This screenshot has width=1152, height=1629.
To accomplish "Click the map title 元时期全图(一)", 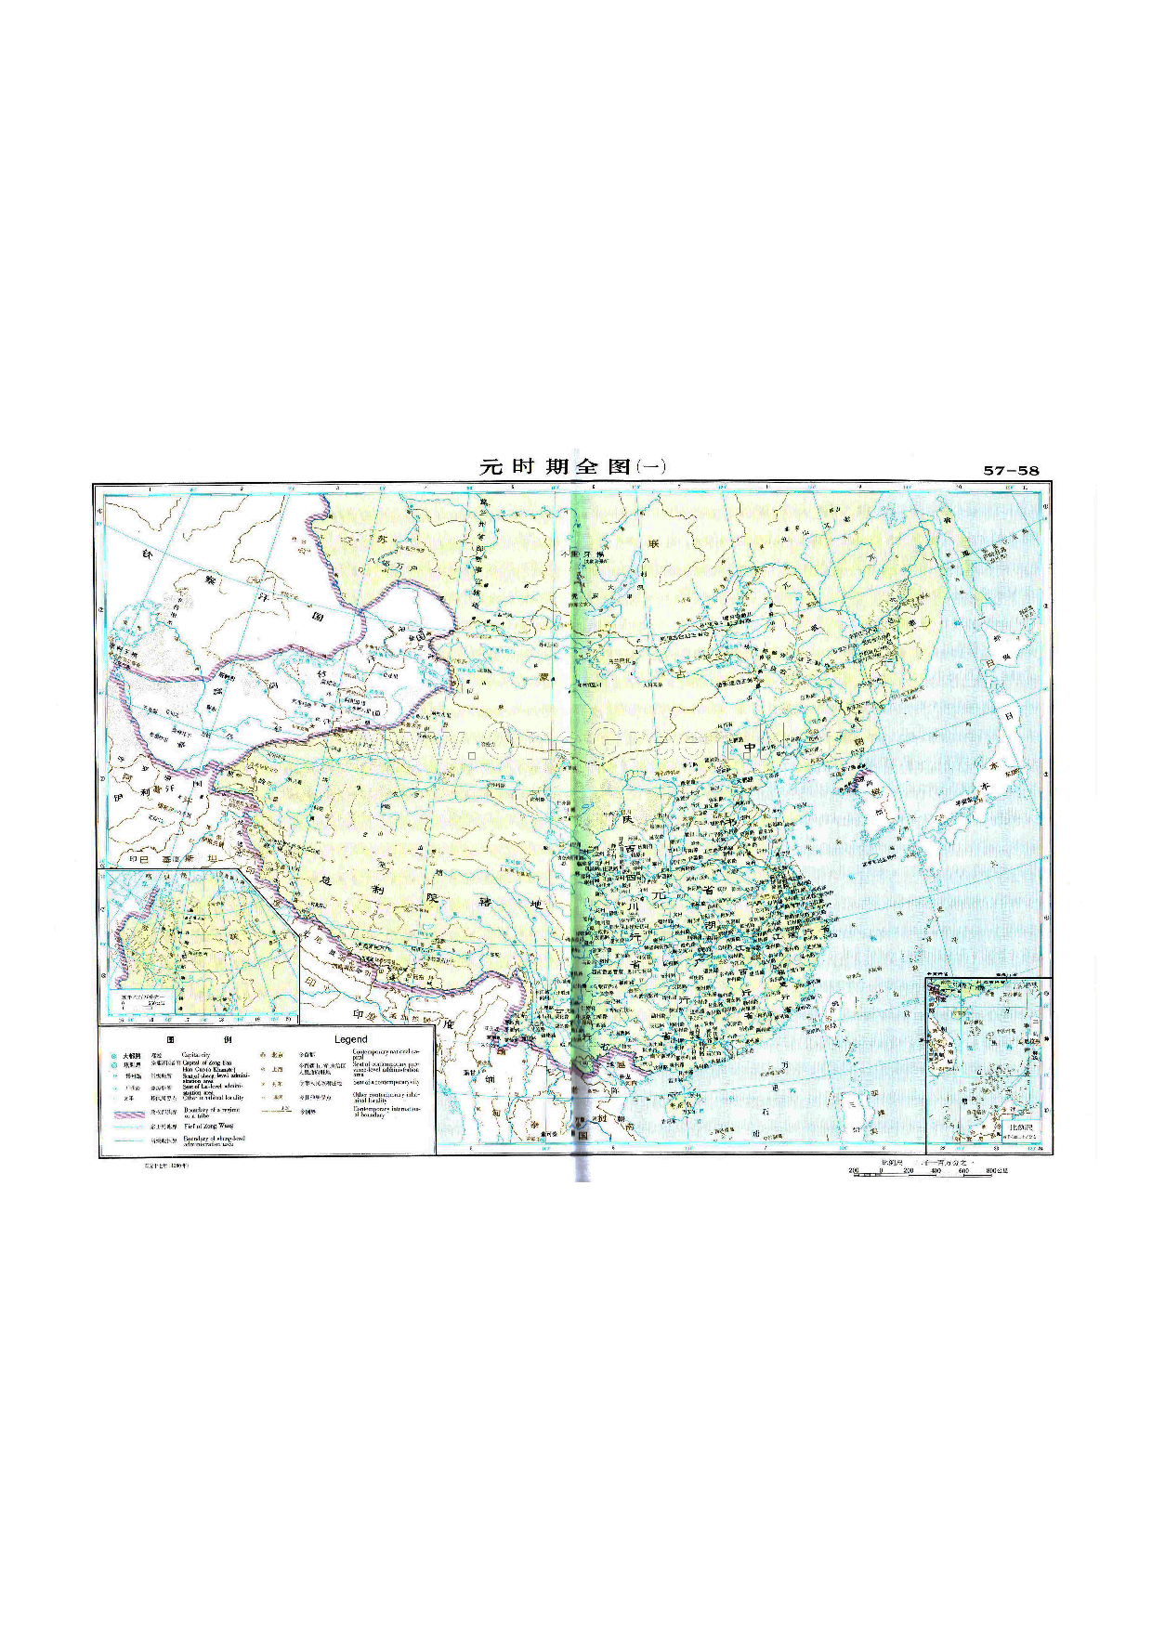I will pyautogui.click(x=572, y=466).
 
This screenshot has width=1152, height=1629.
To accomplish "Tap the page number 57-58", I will pyautogui.click(x=1011, y=470).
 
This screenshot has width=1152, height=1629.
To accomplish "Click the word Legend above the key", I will pyautogui.click(x=350, y=1039).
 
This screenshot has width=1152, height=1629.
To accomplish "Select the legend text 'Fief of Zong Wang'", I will pyautogui.click(x=208, y=1126).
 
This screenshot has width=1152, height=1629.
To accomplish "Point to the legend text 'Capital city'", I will pyautogui.click(x=196, y=1055).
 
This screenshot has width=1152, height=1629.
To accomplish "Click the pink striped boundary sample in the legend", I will pyautogui.click(x=132, y=1113).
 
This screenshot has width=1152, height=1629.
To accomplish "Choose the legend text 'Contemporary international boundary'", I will pyautogui.click(x=386, y=1111).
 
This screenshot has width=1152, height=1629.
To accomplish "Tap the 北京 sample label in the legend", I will pyautogui.click(x=277, y=1055).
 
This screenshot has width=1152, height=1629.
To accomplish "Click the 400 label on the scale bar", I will pyautogui.click(x=936, y=1171).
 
